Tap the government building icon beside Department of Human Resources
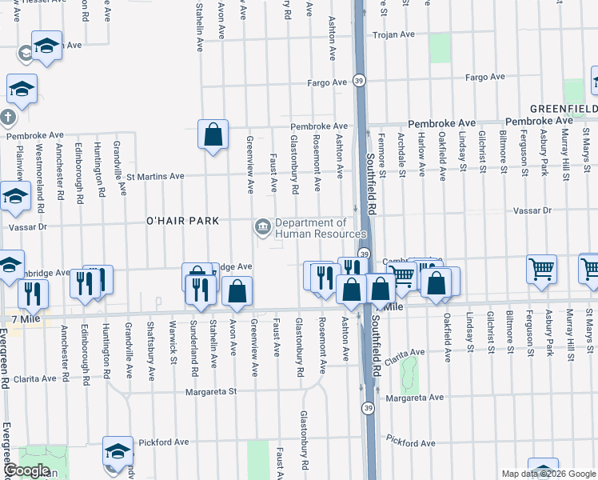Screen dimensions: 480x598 click(x=262, y=228)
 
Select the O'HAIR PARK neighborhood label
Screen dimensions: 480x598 click(x=181, y=219)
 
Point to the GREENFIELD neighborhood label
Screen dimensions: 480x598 click(x=564, y=107)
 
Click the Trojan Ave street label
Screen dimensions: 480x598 click(x=397, y=34)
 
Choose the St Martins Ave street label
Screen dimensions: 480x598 click(x=155, y=176)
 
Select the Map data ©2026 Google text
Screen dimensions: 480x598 click(x=548, y=474)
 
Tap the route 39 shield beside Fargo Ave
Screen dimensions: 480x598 click(x=360, y=81)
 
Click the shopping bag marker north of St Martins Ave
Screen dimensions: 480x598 click(x=213, y=135)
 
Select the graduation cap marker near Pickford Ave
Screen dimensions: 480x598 click(x=118, y=450)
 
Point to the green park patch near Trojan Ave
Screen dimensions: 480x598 click(x=440, y=48)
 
